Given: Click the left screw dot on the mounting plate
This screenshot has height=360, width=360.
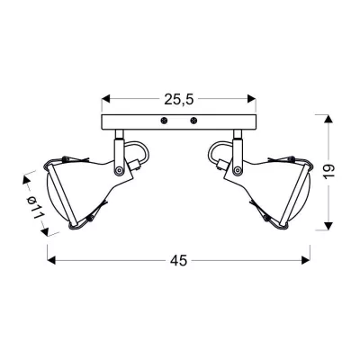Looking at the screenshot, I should (x=163, y=121).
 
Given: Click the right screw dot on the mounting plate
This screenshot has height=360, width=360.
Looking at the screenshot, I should (x=193, y=121).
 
